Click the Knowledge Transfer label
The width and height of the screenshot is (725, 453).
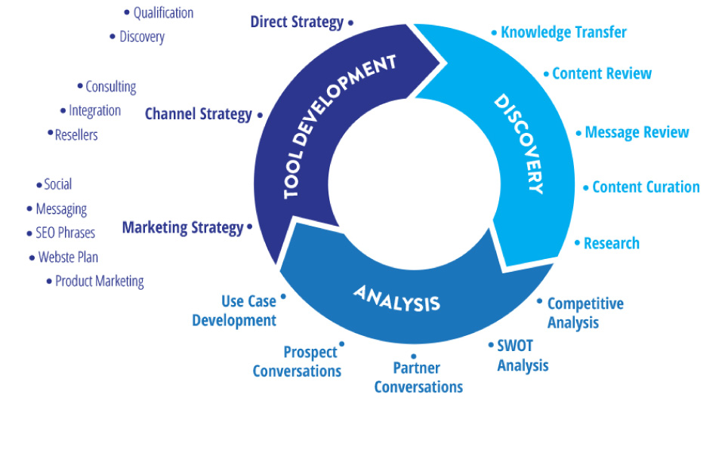(563, 32)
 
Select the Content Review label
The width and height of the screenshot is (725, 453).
(601, 73)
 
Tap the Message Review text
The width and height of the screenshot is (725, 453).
(637, 133)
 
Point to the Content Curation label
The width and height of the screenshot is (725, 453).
(646, 187)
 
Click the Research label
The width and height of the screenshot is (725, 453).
(611, 243)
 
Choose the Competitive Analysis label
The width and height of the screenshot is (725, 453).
(585, 313)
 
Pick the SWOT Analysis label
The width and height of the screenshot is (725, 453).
(522, 356)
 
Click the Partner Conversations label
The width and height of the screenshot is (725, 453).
(418, 377)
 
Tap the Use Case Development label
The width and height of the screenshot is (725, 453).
(235, 311)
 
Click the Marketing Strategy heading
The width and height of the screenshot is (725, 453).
(183, 227)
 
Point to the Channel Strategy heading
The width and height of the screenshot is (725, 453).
(198, 114)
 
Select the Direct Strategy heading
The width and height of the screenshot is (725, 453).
(297, 22)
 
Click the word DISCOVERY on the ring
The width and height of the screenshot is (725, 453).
(520, 143)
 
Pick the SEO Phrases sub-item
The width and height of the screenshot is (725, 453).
(66, 233)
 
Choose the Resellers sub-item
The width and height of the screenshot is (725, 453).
(76, 135)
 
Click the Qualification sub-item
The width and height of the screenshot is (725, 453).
(163, 13)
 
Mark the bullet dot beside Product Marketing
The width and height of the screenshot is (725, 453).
(49, 281)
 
